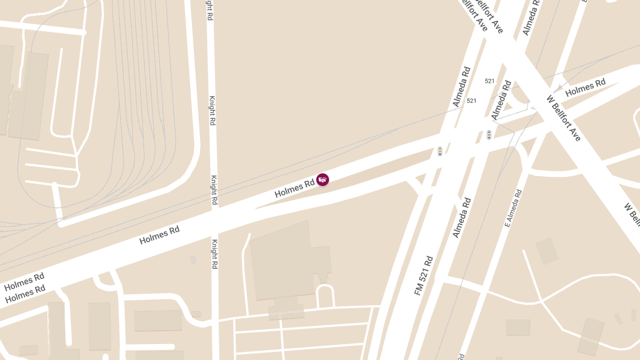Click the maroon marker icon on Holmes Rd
click(323, 180)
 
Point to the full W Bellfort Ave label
click(564, 118)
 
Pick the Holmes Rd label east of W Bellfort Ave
click(585, 87)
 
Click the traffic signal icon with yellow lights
click(440, 151)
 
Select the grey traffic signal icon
click(489, 135)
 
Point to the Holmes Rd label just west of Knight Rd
click(159, 235)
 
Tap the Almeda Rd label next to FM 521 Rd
click(462, 218)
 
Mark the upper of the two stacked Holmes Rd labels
click(24, 282)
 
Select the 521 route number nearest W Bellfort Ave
click(490, 81)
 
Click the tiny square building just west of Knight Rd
click(193, 260)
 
